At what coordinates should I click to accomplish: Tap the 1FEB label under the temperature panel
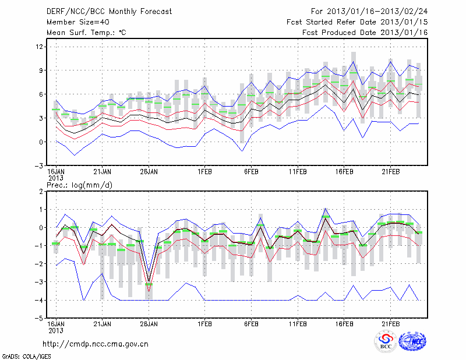[x=204, y=172]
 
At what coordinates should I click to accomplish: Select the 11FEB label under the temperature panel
[x=298, y=172]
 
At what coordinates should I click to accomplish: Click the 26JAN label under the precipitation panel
[x=149, y=324]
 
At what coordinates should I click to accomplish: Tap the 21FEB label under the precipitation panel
[x=391, y=324]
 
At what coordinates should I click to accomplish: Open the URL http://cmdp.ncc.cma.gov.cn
[x=96, y=344]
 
